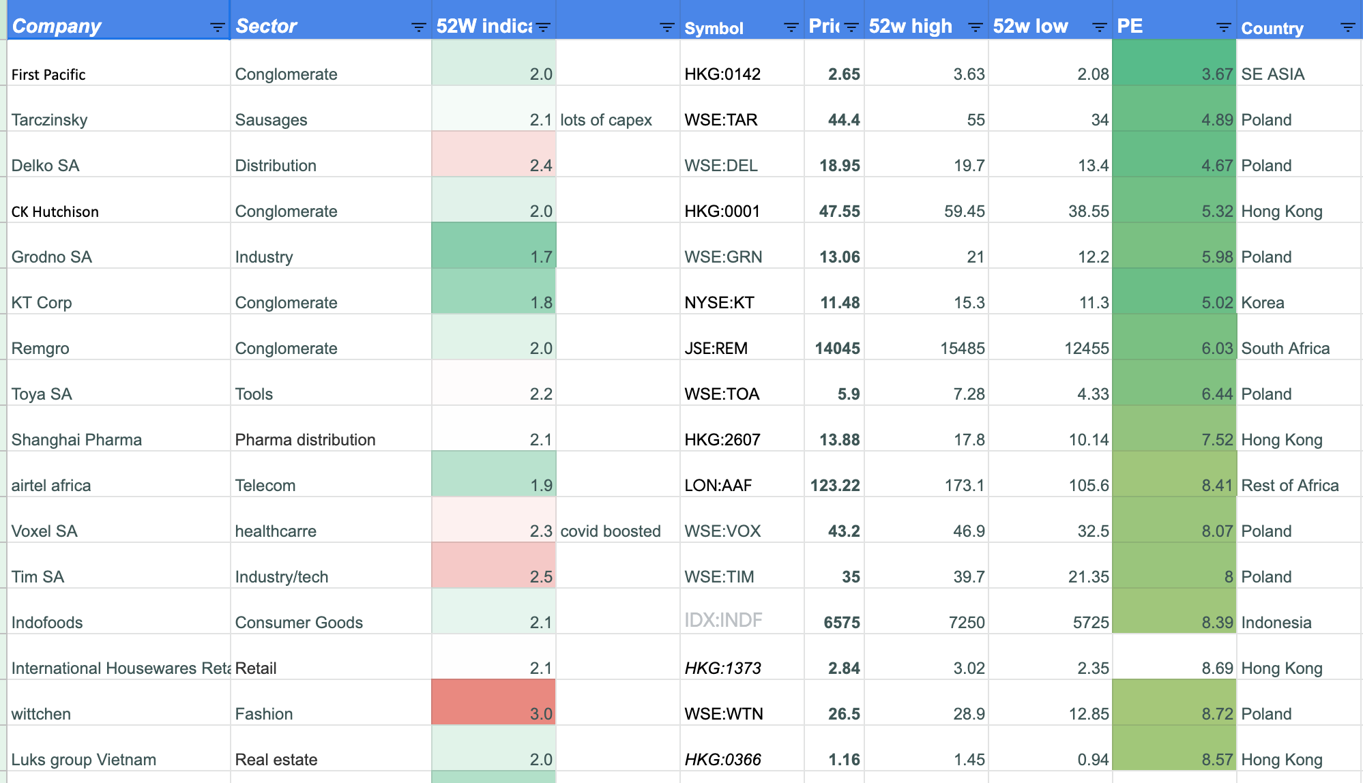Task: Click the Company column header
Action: coord(57,26)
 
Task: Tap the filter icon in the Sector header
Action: coord(418,27)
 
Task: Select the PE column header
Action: coord(1130,26)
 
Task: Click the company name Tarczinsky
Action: coord(49,120)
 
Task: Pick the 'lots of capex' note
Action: coord(606,120)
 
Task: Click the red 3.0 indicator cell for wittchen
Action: coord(494,703)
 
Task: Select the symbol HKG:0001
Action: coord(722,211)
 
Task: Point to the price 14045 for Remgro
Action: coord(837,349)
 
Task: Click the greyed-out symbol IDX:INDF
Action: coord(723,620)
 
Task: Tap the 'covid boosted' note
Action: coord(610,531)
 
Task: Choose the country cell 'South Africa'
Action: coord(1285,349)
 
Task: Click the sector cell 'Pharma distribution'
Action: coord(305,440)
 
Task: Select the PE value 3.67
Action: coord(1217,74)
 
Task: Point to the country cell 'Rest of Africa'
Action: coord(1289,486)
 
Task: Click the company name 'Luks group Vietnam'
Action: coord(83,760)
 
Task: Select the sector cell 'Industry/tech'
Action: coord(281,577)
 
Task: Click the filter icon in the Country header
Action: coord(1347,27)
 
